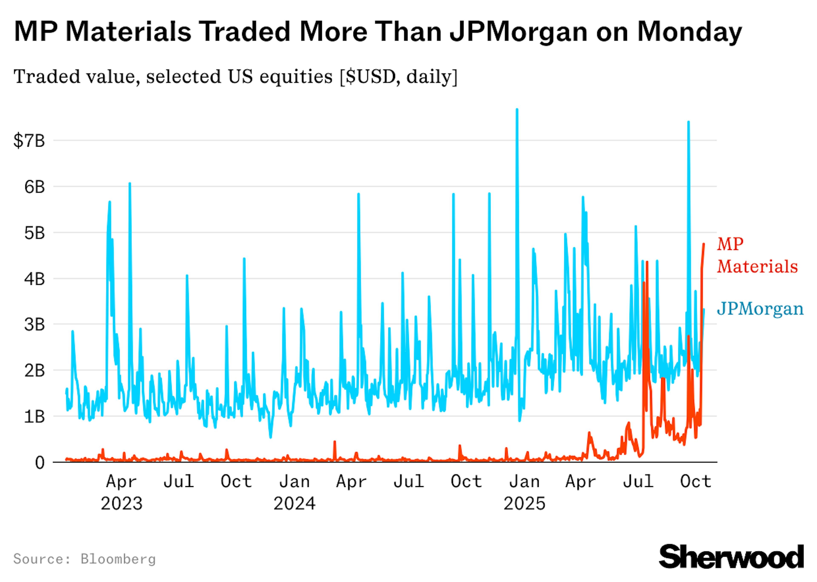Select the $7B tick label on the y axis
coord(29,141)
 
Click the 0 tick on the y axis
coord(40,463)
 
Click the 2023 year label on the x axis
coord(121,504)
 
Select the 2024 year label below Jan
coord(294,504)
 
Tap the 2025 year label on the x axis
coord(524,504)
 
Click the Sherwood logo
coord(731,556)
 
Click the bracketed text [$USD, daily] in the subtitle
coord(398,77)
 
